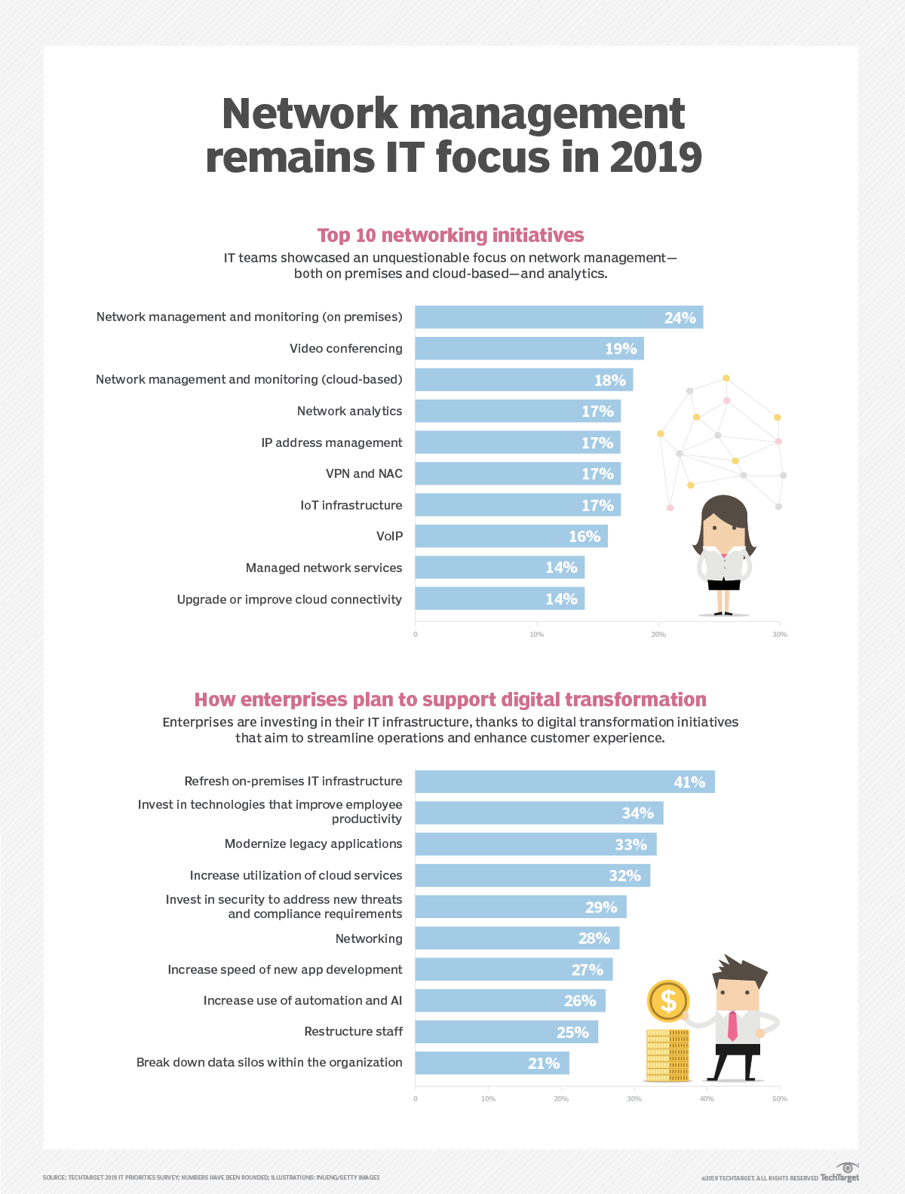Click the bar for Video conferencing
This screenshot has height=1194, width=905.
point(529,348)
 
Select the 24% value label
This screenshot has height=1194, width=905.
point(680,318)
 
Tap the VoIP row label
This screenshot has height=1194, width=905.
point(389,536)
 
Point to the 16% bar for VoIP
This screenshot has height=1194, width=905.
point(511,536)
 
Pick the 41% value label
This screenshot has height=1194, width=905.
point(689,782)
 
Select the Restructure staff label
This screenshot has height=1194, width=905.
point(353,1031)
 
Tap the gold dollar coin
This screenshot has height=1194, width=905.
point(668,1001)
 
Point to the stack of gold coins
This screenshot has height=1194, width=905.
point(667,1055)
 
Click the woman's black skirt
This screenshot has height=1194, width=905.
point(724,583)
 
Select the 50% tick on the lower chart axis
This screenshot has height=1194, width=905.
point(780,1099)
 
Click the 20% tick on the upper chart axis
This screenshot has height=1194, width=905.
point(658,635)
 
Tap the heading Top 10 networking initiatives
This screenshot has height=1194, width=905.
point(451,235)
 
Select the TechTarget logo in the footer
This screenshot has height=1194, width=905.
point(840,1174)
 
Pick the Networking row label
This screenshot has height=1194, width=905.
point(369,938)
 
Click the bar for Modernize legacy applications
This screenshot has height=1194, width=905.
point(535,844)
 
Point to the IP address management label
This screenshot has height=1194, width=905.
point(332,442)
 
